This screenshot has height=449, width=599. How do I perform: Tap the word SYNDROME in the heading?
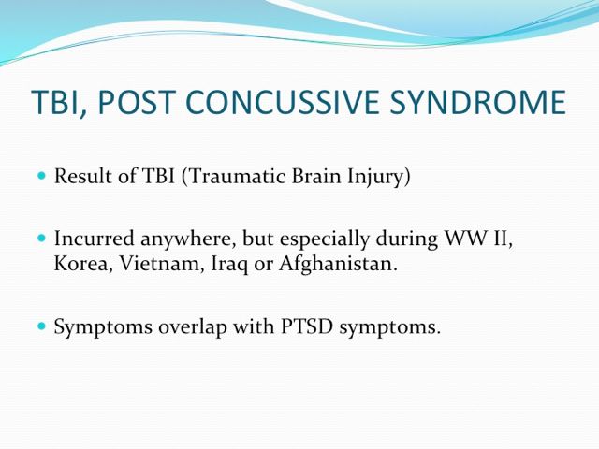click(x=478, y=102)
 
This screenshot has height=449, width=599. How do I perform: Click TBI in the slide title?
click(x=58, y=103)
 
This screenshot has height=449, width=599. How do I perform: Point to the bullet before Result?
click(x=41, y=176)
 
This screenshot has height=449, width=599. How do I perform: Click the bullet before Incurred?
click(x=41, y=239)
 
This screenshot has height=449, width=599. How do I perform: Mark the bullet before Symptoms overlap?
click(x=41, y=326)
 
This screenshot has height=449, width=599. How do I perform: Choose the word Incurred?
click(x=94, y=239)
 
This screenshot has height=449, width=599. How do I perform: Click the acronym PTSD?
click(x=307, y=326)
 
